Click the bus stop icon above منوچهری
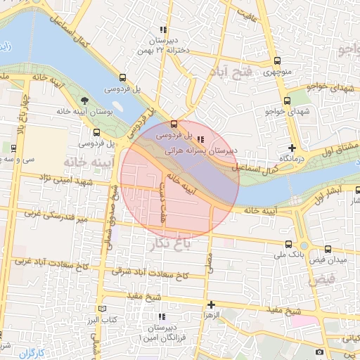[x=276, y=61]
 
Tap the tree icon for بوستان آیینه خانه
[x=85, y=101]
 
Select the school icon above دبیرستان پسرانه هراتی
[x=202, y=139]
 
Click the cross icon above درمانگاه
[x=292, y=148]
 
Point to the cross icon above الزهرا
[x=211, y=304]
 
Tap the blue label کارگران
[x=32, y=352]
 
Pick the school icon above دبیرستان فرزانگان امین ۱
[x=160, y=317]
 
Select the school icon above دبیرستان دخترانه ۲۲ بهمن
[x=163, y=30]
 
